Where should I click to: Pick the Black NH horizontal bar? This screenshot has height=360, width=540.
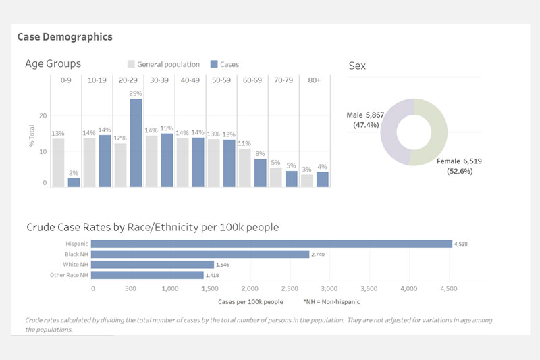[200, 254]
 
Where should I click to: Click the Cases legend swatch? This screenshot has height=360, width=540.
[213, 64]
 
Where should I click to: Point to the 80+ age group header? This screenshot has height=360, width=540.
[314, 80]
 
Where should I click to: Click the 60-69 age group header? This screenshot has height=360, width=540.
[252, 80]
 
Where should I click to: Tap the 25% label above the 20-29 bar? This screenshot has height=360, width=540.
[136, 93]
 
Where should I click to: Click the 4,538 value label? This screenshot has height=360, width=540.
[464, 244]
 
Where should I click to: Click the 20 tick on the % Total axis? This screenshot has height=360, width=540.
[43, 116]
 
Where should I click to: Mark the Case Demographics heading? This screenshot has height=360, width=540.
[65, 36]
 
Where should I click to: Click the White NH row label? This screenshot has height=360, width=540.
[76, 265]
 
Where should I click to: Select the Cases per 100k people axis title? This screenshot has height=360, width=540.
[251, 301]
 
